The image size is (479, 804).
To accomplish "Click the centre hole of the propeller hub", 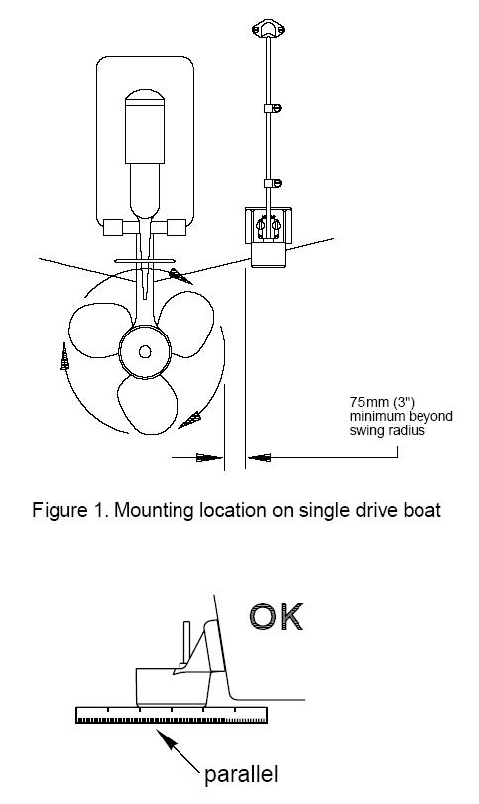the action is click(145, 351).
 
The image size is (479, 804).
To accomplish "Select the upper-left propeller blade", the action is click(96, 330).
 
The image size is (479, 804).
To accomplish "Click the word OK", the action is click(277, 617).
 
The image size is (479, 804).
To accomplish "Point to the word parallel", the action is click(241, 773).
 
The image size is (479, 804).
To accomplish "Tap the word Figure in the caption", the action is click(57, 511).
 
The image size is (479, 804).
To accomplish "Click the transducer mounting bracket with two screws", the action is click(268, 225).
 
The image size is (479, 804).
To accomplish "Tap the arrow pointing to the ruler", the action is click(178, 750).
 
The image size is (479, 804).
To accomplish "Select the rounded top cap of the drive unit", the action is click(145, 97).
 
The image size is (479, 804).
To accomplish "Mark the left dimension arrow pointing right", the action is click(197, 457).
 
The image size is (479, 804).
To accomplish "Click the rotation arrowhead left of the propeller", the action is click(64, 357).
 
